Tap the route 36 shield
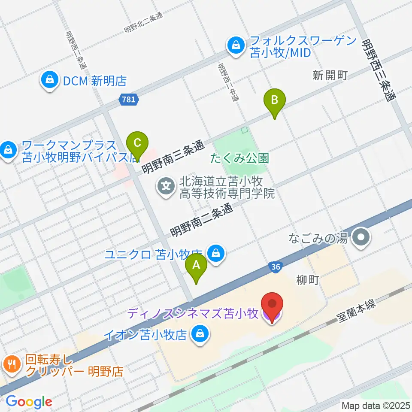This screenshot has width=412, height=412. (276, 267)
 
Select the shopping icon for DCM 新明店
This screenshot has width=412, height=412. (50, 80)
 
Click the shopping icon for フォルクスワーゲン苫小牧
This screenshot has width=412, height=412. (236, 45)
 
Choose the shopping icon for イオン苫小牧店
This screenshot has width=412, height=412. (200, 333)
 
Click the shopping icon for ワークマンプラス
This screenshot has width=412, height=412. (8, 150)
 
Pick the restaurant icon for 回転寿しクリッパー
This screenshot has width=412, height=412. (11, 364)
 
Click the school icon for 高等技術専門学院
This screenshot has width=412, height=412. (166, 187)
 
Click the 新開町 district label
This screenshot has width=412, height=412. (330, 76)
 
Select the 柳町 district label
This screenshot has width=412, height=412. (308, 281)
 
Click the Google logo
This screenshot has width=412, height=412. (29, 402)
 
